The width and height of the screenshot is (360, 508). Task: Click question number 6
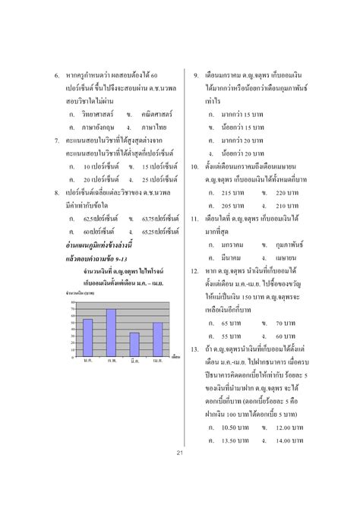56,77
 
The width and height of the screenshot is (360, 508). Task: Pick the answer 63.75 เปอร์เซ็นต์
158,219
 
